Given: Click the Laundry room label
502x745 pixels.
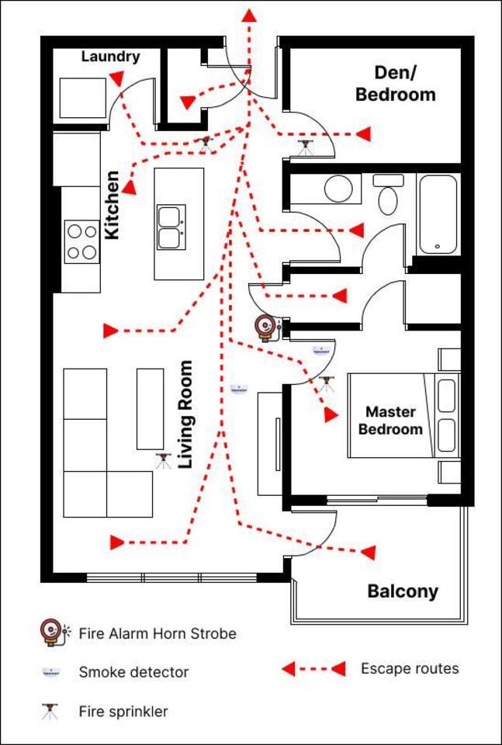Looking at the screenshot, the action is [x=111, y=57].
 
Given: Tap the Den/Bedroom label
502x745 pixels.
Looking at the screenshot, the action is [x=395, y=84].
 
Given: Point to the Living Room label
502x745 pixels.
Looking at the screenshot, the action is [x=185, y=414].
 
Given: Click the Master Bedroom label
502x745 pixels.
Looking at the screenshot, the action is [x=390, y=421].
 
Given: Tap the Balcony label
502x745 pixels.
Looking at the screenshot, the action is [x=403, y=591].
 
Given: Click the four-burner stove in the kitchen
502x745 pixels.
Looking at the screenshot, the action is [x=81, y=242].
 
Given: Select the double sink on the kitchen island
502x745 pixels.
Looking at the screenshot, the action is [x=172, y=227].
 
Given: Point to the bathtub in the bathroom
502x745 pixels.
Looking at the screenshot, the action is [x=438, y=214].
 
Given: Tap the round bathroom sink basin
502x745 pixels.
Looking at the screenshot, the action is [x=338, y=189].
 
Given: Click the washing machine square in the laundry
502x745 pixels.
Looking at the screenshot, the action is [x=83, y=98].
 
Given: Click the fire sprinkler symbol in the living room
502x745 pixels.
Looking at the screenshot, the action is [x=163, y=461].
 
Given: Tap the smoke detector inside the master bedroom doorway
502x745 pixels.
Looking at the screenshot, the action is [x=320, y=351].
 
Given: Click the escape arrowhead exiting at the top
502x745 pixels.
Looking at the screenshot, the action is [x=249, y=16].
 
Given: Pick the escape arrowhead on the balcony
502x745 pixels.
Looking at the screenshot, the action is [x=369, y=552].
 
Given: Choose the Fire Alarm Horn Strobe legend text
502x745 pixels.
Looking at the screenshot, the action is [x=158, y=634].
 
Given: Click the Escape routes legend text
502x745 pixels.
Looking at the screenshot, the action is [x=410, y=669].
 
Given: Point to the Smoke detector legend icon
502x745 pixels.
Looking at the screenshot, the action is [x=50, y=671].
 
